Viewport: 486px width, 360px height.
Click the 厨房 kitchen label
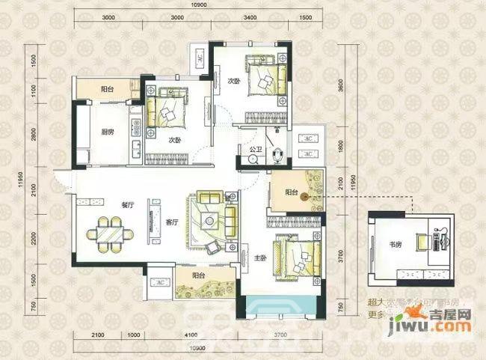[107, 133]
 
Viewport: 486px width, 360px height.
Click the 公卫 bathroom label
[256, 149]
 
